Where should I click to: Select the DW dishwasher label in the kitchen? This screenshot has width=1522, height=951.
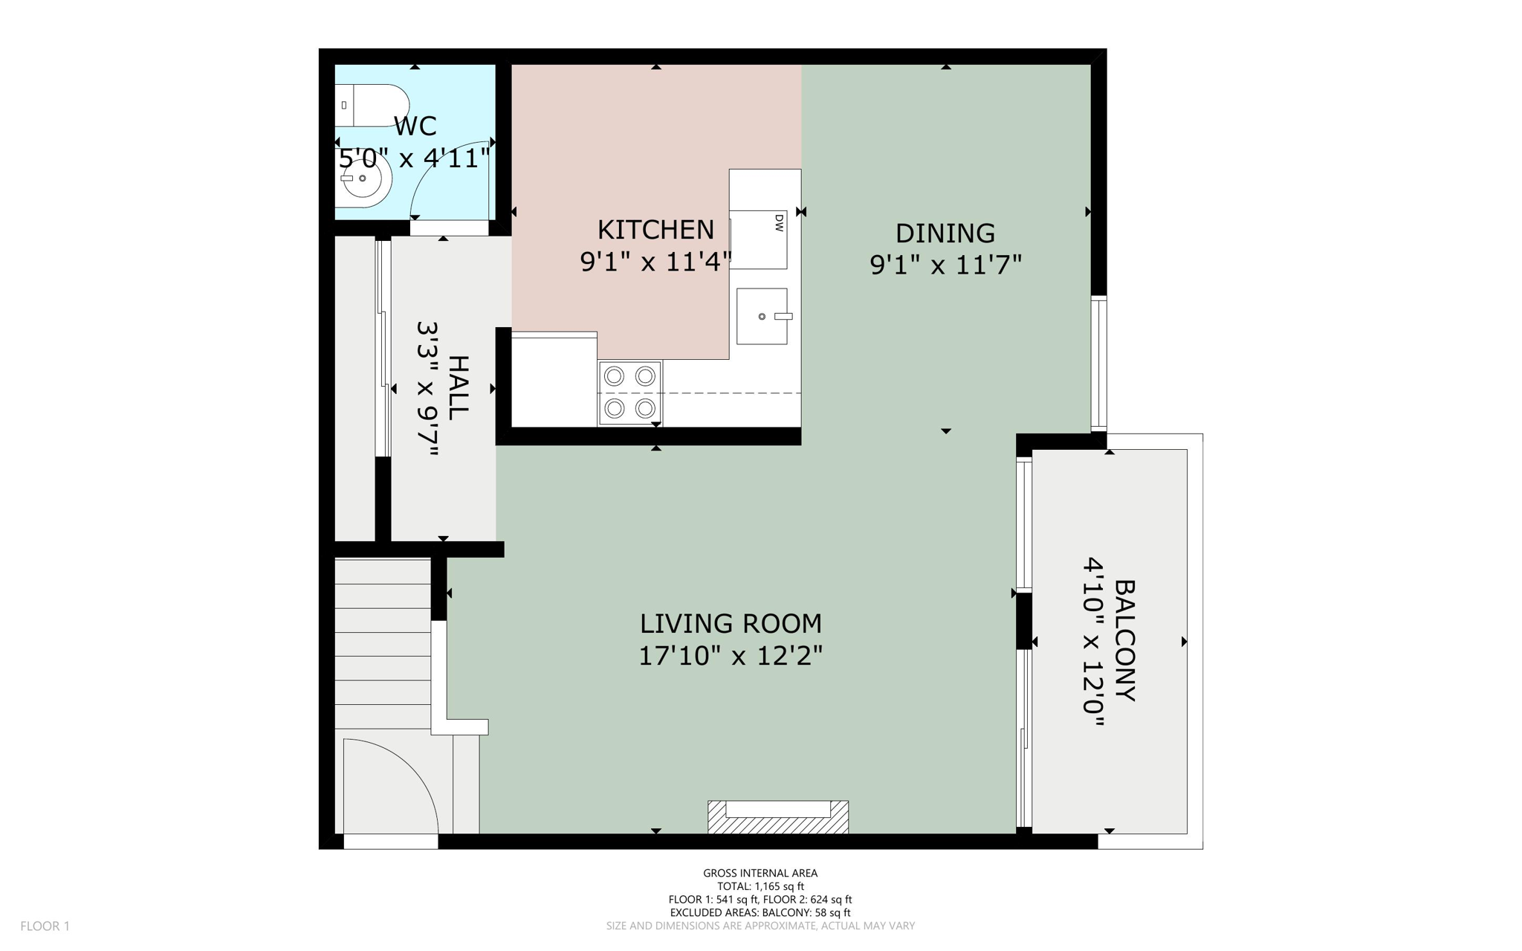coord(779,222)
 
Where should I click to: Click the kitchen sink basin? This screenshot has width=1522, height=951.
coord(762,317)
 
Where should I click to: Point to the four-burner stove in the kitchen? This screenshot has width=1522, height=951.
coord(629,393)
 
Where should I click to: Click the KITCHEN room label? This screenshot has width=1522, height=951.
coord(655,230)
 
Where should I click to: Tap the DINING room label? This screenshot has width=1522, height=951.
coord(945,233)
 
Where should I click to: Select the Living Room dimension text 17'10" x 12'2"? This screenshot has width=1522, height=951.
coord(731,656)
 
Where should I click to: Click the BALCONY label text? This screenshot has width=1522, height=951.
coord(1125,640)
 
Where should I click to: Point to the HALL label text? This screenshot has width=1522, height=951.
coord(459,387)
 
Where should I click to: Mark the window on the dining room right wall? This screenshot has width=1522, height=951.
coord(1098,364)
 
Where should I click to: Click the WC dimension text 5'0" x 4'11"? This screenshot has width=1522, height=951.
coord(415,158)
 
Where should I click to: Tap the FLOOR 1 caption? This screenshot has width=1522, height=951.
coord(45,926)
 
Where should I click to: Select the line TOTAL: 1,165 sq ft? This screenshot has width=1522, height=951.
coord(760,886)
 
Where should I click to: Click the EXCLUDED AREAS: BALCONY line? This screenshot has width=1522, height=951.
coord(760,912)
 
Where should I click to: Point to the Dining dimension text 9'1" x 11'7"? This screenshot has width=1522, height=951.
coord(945,265)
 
